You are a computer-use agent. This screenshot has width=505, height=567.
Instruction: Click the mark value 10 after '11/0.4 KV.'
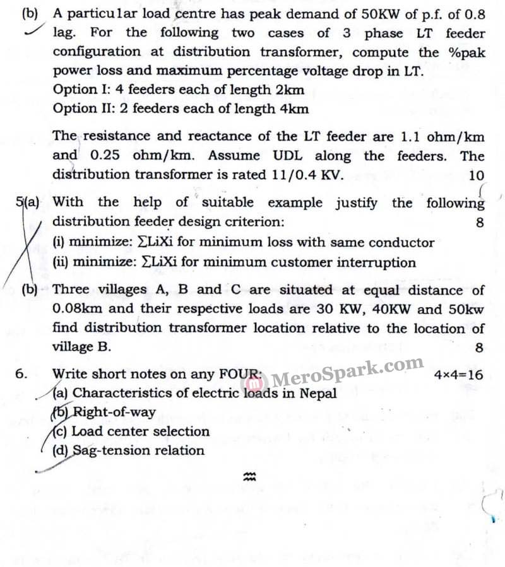[x=477, y=176]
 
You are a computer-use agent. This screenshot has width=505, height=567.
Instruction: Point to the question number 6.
[x=21, y=373]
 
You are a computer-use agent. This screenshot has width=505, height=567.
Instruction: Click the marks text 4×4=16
[x=459, y=375]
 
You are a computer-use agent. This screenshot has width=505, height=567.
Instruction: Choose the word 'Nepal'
[x=318, y=393]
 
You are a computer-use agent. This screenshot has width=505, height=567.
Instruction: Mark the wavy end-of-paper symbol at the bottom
[x=249, y=479]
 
